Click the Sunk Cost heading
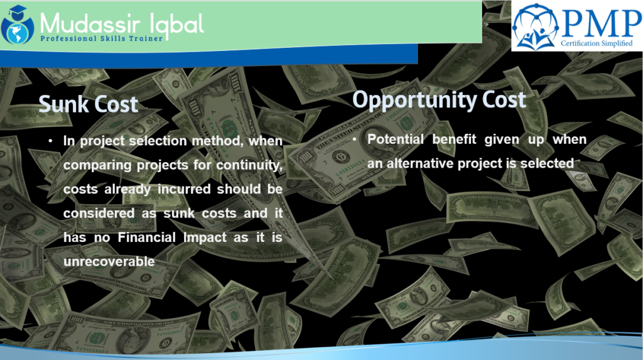pos(88,104)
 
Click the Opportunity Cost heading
pos(439,99)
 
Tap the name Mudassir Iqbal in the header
pos(121,23)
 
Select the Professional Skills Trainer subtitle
pos(102,39)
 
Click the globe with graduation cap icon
pos(17,23)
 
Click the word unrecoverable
pos(109,261)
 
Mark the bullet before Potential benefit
pos(355,139)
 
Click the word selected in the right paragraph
pos(548,163)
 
